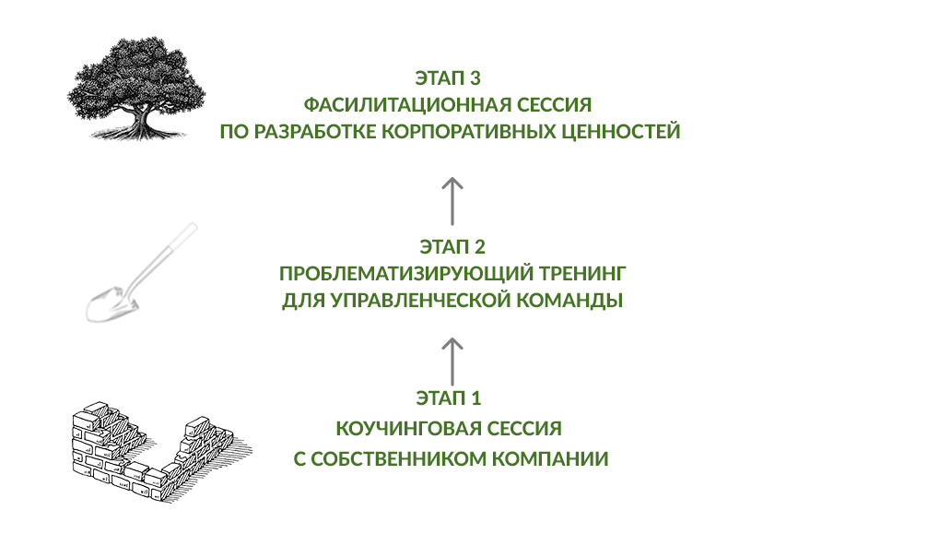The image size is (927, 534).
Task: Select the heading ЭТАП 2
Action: tap(452, 247)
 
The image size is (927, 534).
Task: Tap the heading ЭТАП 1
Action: tap(449, 399)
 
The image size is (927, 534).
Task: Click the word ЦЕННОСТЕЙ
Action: tap(622, 132)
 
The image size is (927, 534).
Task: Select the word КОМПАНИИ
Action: tap(556, 459)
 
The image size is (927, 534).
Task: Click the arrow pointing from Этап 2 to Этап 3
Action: tap(452, 201)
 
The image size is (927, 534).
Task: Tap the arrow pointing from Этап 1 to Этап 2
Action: tap(452, 361)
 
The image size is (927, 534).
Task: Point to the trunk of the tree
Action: tap(140, 115)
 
